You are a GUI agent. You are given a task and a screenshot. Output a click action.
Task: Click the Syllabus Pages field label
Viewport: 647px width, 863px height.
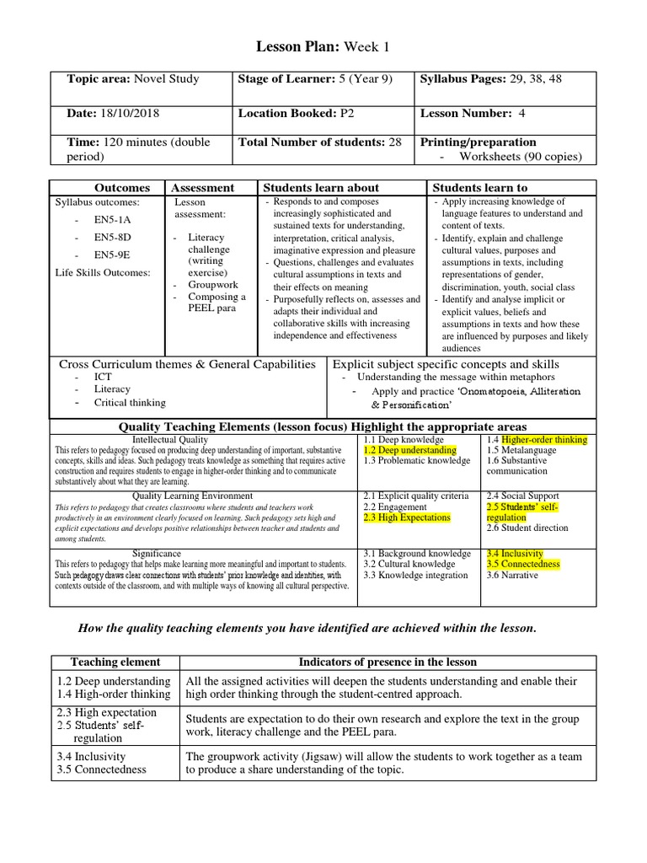tap(460, 79)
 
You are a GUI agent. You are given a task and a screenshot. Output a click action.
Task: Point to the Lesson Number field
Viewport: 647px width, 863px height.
tap(465, 113)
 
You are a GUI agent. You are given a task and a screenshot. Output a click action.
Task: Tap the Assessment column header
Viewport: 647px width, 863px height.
tap(202, 188)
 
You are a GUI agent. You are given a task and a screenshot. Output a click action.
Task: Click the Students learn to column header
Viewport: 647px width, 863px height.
tap(480, 188)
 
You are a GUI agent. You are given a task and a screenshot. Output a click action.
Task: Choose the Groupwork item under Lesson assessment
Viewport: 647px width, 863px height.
tap(214, 285)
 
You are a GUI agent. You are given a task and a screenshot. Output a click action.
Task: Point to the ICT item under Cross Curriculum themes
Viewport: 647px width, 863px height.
tap(103, 377)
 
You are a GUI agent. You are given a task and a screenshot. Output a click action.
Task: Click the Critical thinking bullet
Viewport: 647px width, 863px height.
tap(130, 402)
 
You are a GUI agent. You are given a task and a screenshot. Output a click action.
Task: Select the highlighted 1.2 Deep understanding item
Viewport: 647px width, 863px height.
tap(410, 450)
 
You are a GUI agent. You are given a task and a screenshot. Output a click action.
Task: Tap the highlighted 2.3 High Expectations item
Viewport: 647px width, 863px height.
tap(407, 517)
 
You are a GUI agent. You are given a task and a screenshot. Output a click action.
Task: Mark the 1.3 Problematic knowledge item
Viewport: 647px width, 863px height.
tap(417, 461)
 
